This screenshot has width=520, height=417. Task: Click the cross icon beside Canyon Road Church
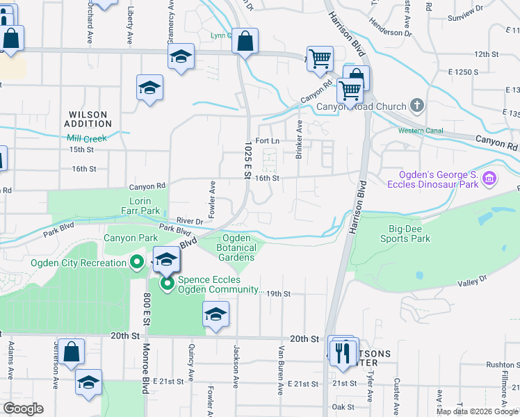point(417,106)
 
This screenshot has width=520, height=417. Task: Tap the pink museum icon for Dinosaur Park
point(489,179)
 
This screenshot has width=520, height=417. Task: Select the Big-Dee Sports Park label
point(405,233)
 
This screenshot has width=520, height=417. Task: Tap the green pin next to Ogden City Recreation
point(137,263)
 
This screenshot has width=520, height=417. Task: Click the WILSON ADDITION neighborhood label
point(88,119)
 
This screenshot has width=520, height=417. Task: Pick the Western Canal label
point(421,131)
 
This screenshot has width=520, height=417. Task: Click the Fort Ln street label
point(267,140)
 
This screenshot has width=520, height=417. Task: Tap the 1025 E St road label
point(247,160)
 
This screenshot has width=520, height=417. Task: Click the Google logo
point(24,409)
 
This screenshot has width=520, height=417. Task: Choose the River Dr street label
point(188,221)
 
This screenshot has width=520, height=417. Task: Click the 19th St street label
point(277,294)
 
